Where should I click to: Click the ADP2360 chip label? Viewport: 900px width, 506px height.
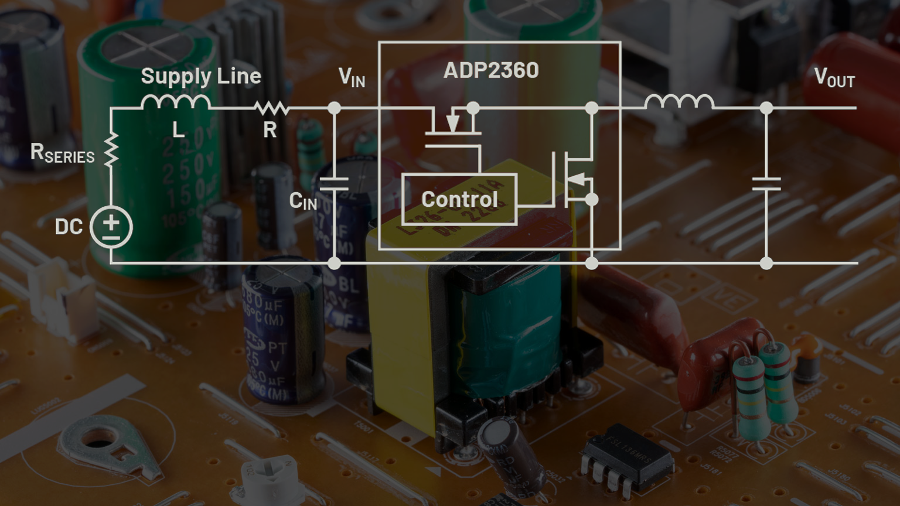491,70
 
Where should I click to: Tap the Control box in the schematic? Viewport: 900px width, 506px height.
459,199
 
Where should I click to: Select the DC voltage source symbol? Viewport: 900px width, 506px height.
111,227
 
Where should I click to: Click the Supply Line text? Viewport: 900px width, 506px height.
201,76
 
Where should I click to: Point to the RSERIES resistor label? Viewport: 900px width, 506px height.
62,153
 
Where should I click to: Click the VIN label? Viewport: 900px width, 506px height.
352,77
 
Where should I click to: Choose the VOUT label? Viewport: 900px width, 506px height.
834,77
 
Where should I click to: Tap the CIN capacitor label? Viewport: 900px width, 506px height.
303,201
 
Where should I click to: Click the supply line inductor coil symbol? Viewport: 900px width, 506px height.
175,102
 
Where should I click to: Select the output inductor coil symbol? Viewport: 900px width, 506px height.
679,102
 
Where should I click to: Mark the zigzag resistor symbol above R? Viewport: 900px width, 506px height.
271,108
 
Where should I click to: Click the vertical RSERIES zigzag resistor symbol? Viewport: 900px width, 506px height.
111,149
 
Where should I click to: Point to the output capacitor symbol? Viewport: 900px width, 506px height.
766,184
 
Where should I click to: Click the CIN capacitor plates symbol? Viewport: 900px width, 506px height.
334,184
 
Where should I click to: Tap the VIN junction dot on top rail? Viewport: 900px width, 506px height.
334,108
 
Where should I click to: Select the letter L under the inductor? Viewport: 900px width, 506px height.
179,129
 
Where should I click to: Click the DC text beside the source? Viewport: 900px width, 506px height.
69,227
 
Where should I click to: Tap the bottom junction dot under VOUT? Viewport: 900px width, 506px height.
766,263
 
